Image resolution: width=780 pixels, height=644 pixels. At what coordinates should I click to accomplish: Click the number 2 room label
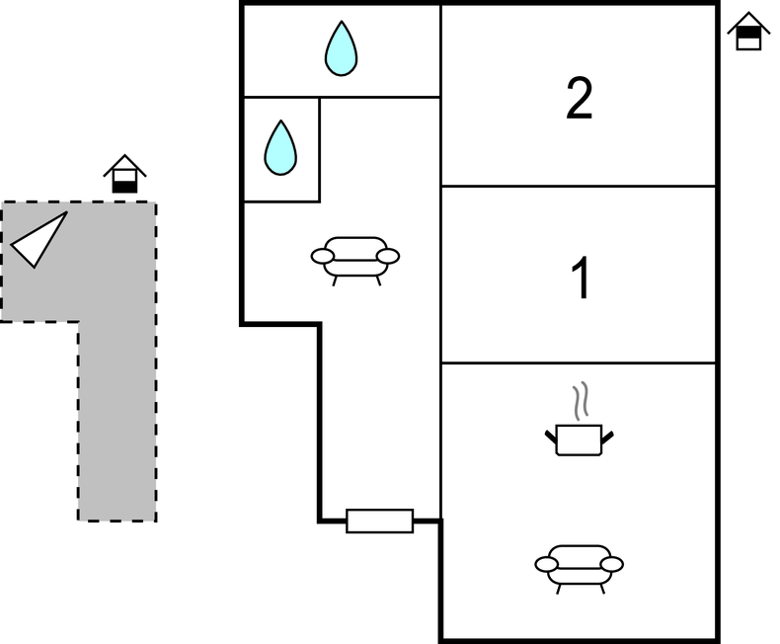[580, 100]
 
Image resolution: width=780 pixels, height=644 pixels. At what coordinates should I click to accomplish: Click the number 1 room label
[582, 280]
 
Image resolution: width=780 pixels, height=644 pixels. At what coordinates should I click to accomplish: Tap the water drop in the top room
[341, 48]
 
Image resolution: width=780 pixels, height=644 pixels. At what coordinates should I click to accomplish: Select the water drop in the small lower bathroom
[280, 147]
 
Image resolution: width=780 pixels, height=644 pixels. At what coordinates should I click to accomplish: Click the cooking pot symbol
[579, 439]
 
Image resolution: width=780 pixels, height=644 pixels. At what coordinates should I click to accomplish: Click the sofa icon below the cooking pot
[580, 566]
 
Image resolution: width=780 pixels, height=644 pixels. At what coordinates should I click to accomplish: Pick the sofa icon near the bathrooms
[355, 258]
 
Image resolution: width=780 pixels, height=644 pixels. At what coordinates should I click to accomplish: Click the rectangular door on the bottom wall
[379, 521]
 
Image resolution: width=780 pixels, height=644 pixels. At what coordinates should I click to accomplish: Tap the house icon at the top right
[749, 32]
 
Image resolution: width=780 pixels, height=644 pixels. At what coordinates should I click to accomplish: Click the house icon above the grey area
[124, 175]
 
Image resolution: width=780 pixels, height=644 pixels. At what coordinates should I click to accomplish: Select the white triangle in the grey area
[39, 239]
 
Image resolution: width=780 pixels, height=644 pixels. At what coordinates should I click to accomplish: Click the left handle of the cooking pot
[551, 435]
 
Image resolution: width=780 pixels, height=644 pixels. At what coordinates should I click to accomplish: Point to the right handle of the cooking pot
[607, 435]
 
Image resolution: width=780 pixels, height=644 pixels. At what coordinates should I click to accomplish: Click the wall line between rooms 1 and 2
[579, 186]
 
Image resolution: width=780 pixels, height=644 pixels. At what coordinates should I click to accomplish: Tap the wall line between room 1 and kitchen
[579, 362]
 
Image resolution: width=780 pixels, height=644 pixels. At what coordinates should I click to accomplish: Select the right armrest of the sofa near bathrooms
[388, 256]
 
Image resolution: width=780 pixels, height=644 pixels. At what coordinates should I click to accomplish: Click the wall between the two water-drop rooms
[281, 97]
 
